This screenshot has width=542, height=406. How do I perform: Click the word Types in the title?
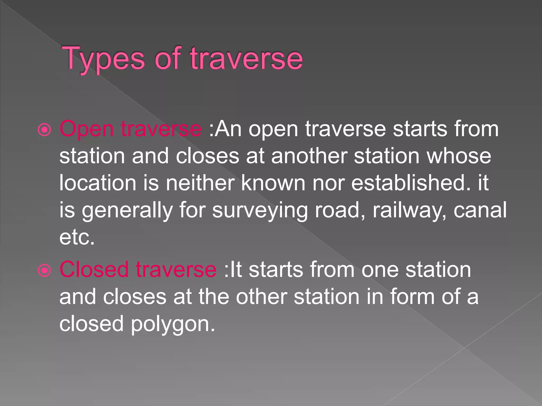(x=103, y=59)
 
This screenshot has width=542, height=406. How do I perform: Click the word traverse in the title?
(x=246, y=59)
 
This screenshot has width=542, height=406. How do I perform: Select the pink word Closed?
(x=94, y=270)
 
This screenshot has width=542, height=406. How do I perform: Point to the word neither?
(x=200, y=183)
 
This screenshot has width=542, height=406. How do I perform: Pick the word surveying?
(x=260, y=210)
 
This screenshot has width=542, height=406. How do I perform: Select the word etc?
(x=77, y=237)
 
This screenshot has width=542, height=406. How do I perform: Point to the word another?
(x=309, y=156)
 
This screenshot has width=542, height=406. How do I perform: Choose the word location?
(x=97, y=183)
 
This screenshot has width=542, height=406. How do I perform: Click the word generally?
(x=127, y=210)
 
